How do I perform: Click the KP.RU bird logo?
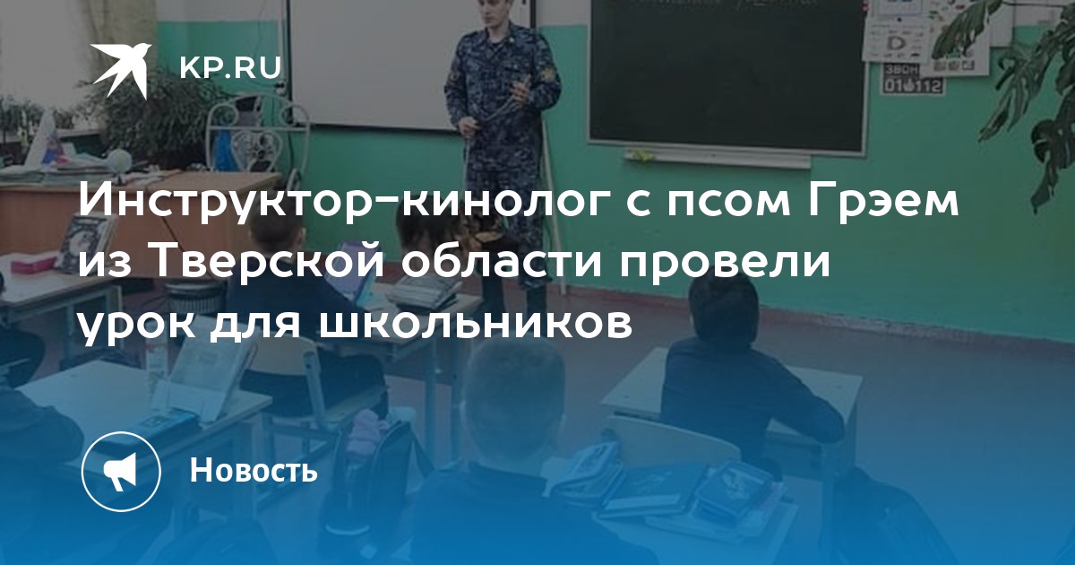coord(121,70)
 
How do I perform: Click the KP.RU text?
coord(230,68)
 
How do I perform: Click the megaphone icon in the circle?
coord(121,472)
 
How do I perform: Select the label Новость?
coord(254,469)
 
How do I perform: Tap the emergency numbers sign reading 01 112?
coord(913,79)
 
